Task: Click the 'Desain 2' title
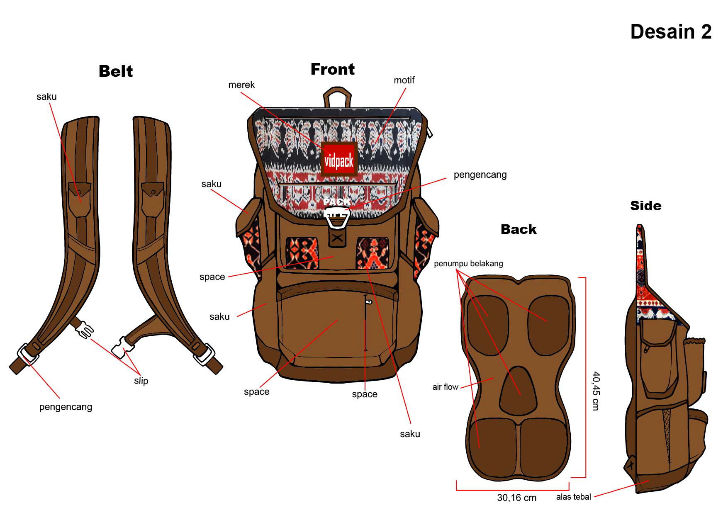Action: pos(670,32)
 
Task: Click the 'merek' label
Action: pos(241,85)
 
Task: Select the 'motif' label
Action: pos(404,80)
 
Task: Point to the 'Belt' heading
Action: pos(116,71)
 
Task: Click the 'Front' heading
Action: pos(332,69)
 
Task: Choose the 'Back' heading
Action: pos(519,229)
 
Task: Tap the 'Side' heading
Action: pos(645,206)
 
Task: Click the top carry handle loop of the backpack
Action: pos(337,97)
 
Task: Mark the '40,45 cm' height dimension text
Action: pos(596,391)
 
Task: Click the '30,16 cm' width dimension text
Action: pos(516,498)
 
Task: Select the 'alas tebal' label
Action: pos(573,497)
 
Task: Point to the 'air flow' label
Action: pos(445,387)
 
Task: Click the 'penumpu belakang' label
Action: pos(468,264)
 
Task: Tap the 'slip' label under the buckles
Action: pos(141,381)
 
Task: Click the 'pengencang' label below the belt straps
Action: pos(66,407)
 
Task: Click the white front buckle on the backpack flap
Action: pos(337,218)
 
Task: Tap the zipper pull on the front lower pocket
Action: pos(368,301)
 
